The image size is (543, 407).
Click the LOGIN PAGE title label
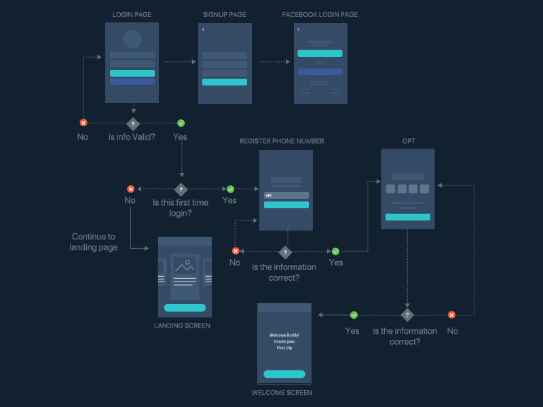[132, 14]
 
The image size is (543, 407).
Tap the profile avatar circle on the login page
[132, 39]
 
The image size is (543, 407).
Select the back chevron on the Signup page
[203, 30]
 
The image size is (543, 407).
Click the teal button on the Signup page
[225, 82]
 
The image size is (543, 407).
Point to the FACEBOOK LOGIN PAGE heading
[320, 14]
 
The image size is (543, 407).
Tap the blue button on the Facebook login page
[320, 72]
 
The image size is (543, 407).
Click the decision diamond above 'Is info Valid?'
[133, 123]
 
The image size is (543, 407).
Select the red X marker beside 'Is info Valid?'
[83, 123]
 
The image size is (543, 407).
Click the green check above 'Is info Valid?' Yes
[181, 123]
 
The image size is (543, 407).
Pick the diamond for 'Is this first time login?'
[181, 189]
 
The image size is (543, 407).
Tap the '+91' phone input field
[286, 195]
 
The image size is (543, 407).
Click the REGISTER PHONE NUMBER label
[282, 141]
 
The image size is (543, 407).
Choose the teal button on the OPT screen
[407, 217]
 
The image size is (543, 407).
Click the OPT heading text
[408, 141]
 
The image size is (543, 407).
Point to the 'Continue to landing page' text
[94, 242]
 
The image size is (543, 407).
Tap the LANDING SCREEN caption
[182, 326]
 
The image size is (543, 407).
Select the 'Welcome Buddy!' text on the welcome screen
[284, 335]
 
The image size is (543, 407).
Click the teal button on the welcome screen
[284, 374]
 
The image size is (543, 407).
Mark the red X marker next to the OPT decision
[451, 315]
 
